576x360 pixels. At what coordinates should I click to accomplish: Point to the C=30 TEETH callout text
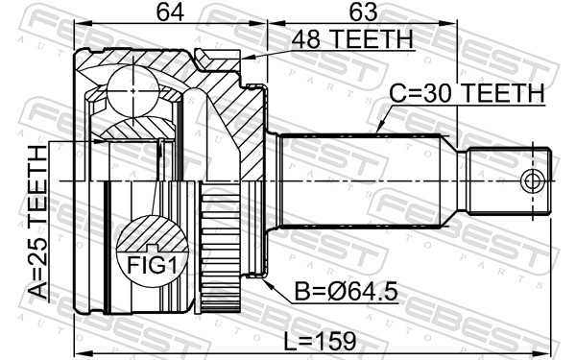(467, 94)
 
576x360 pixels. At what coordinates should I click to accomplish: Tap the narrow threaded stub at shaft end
(509, 181)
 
